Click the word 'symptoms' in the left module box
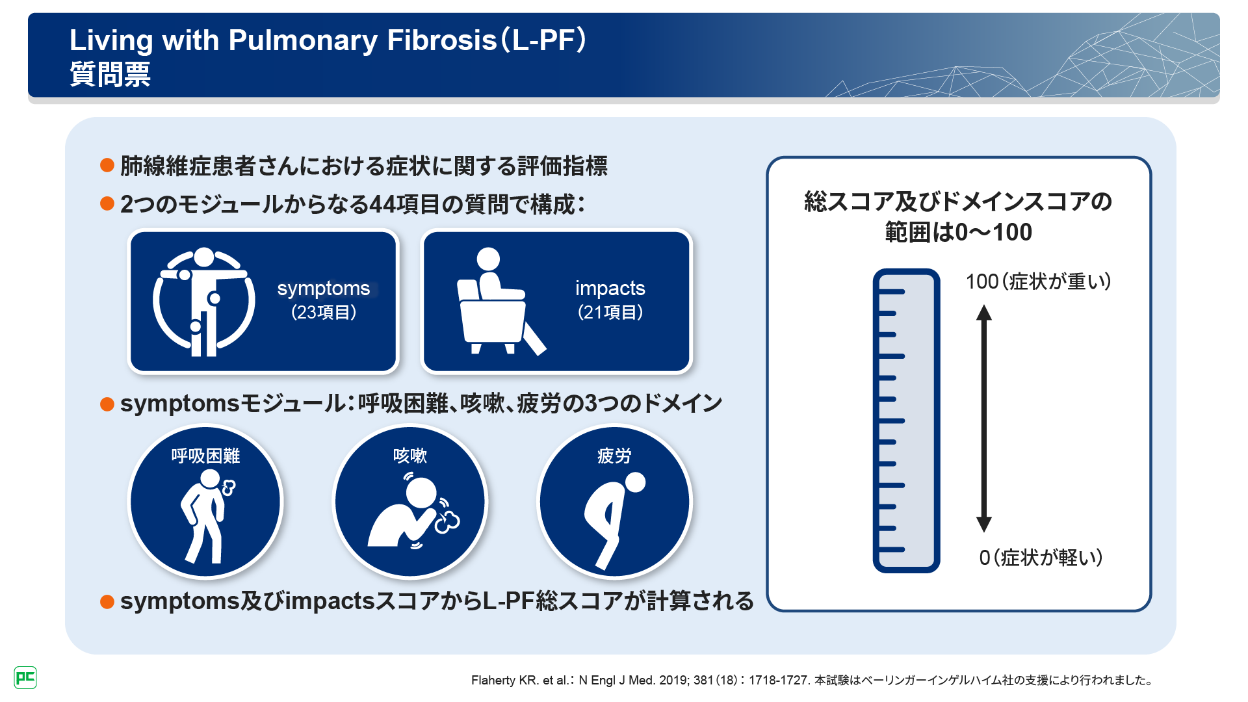[324, 289]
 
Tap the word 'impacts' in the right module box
[610, 288]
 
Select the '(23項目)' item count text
[324, 313]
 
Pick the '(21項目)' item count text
[610, 313]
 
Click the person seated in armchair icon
[501, 301]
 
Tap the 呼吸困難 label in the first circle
[205, 456]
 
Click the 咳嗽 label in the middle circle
[410, 456]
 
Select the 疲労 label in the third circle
[614, 456]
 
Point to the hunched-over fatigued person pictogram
[614, 521]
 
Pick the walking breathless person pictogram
[207, 516]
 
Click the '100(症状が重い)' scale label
[1038, 281]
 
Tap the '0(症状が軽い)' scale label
[1041, 557]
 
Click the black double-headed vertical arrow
[984, 419]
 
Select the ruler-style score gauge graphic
[906, 421]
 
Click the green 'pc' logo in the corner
[25, 678]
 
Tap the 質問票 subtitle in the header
[110, 74]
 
